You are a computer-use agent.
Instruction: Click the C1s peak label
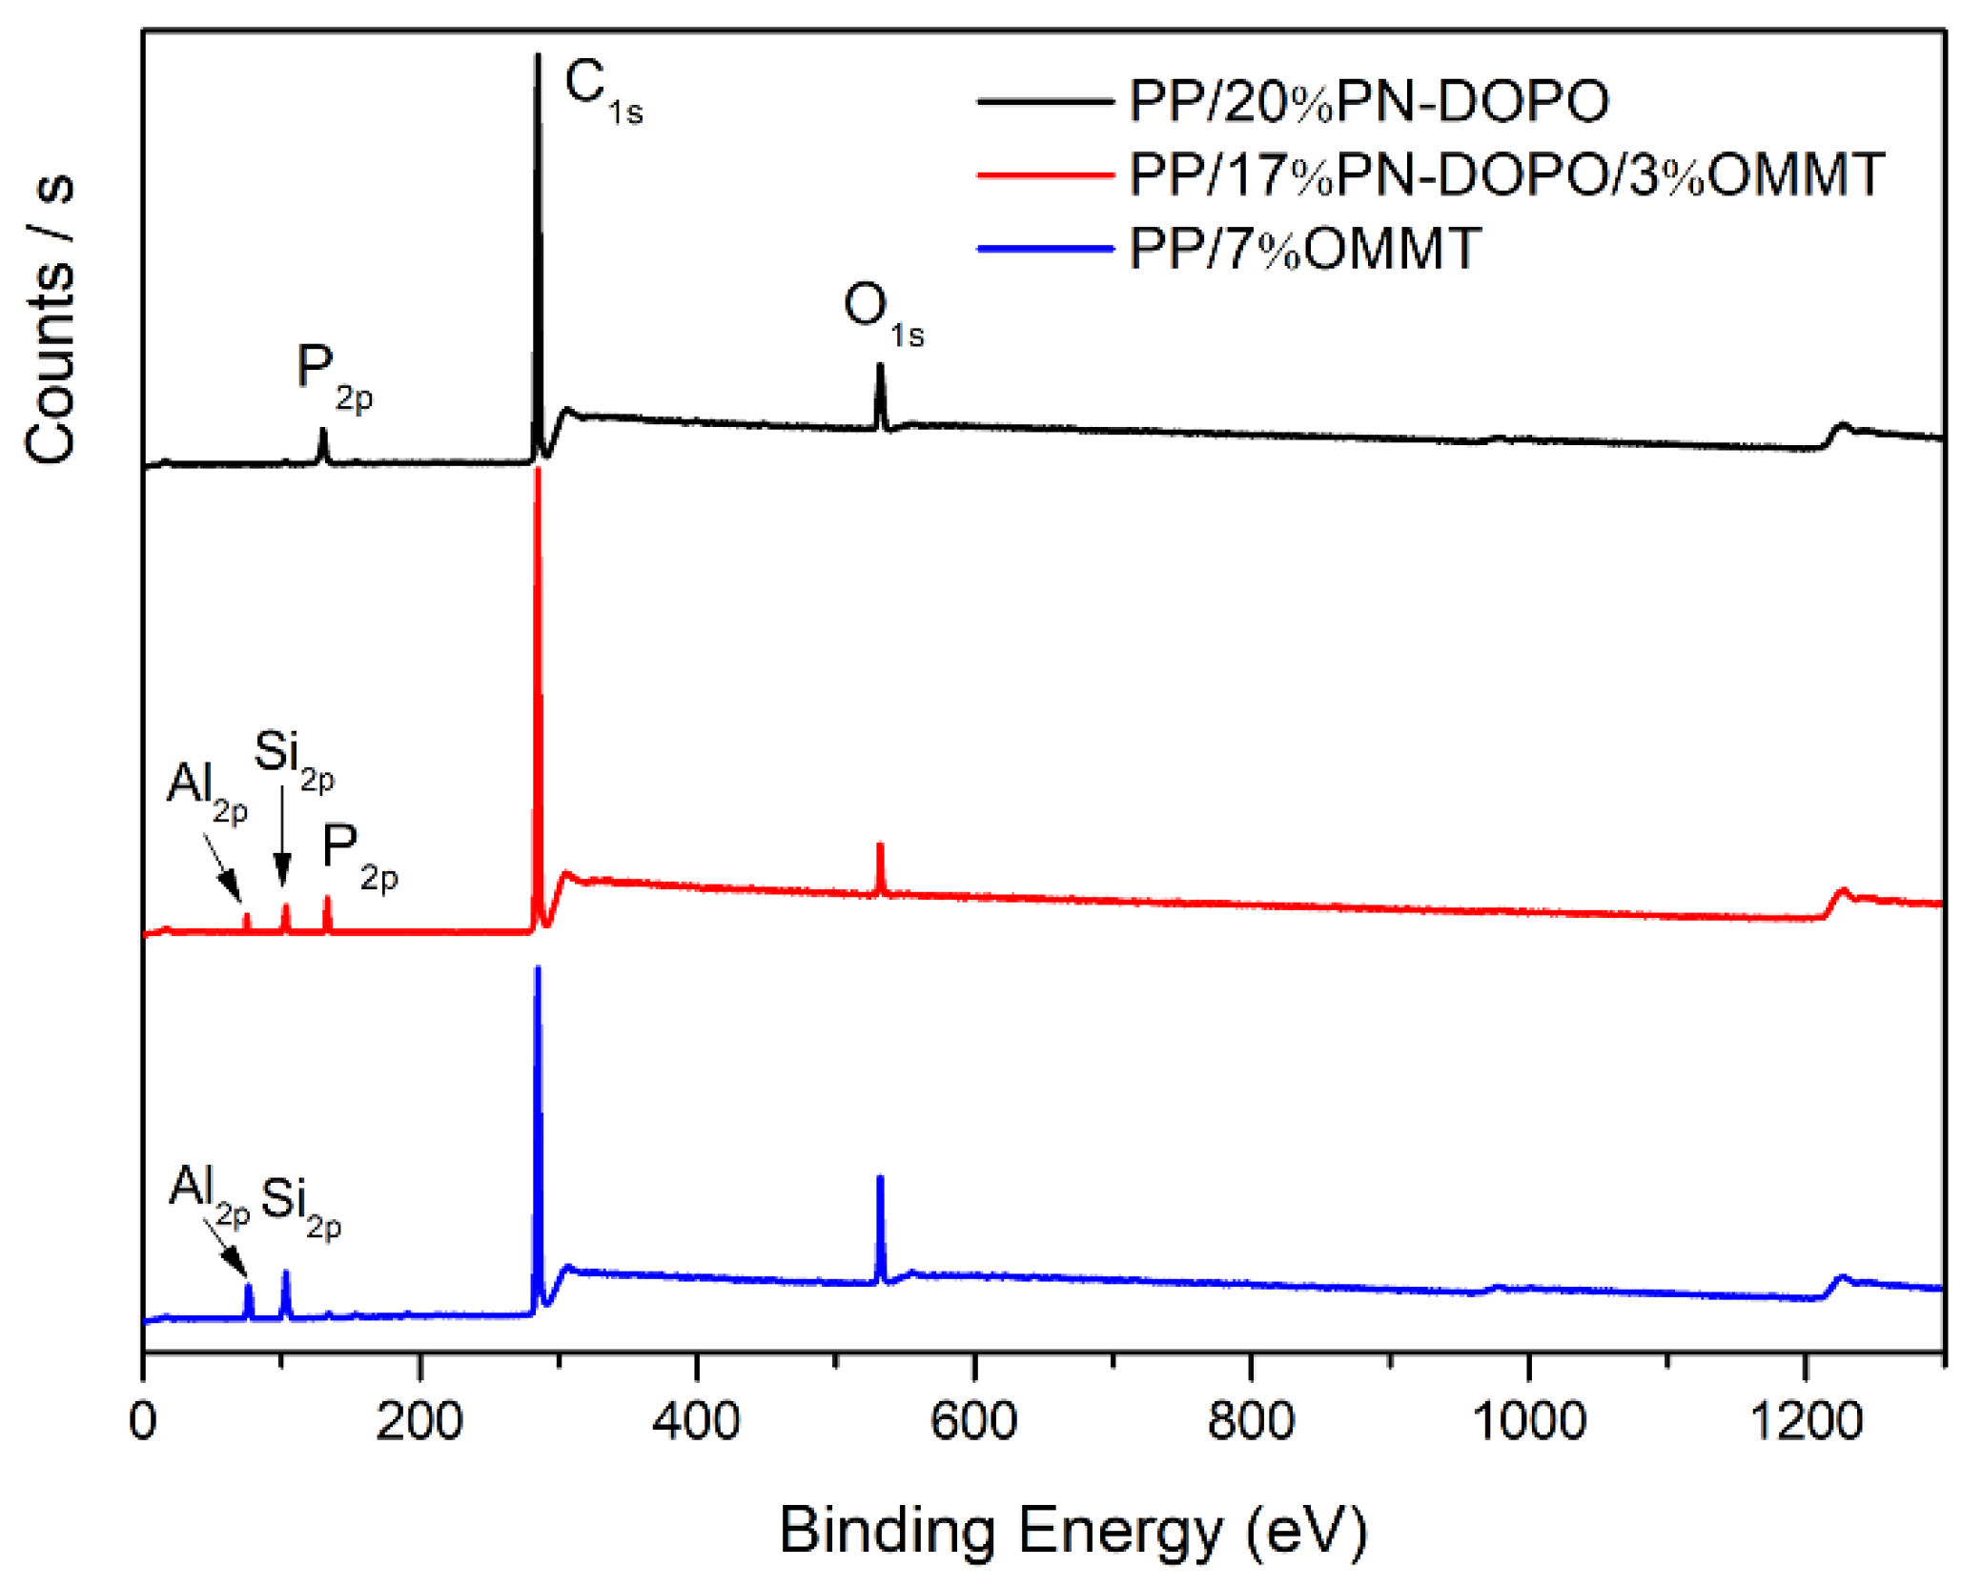[602, 91]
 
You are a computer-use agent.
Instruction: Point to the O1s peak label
[882, 314]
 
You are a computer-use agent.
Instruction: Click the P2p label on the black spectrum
[333, 376]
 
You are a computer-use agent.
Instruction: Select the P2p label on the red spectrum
[358, 856]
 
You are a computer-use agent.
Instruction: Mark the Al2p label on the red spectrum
[206, 792]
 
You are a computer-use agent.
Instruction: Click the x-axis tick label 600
[972, 1421]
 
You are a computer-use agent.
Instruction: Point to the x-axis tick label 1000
[1527, 1421]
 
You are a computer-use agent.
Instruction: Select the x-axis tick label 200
[419, 1421]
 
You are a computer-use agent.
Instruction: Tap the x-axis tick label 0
[143, 1421]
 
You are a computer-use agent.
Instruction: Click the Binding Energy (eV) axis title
[1073, 1531]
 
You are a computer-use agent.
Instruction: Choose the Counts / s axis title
[50, 319]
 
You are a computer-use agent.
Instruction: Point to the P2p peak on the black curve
[323, 444]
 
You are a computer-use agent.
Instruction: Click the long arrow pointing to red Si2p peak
[282, 835]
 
